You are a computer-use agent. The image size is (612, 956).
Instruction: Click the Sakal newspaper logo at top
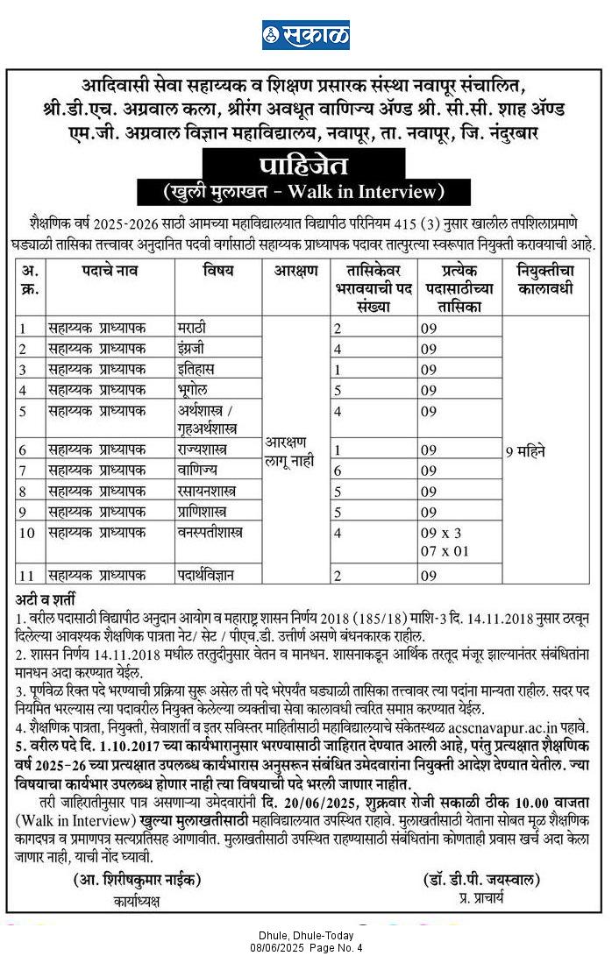pos(305,35)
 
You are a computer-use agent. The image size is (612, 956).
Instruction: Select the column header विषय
pos(218,272)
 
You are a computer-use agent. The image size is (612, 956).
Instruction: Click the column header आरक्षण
pos(295,272)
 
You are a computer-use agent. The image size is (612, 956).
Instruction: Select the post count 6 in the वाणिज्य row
pos(337,471)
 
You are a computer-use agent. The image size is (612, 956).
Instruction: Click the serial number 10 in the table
pos(26,532)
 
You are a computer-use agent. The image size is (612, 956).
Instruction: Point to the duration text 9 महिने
pos(525,452)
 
